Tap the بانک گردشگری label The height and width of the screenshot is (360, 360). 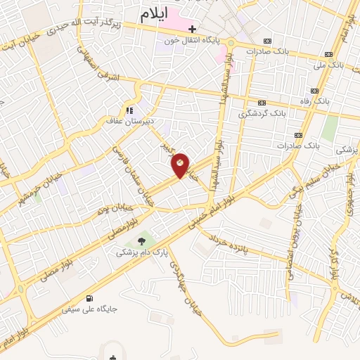click(262, 112)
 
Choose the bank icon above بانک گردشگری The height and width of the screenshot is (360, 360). click(262, 102)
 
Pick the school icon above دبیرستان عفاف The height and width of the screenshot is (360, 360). click(129, 110)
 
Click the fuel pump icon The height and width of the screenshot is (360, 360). click(89, 297)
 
